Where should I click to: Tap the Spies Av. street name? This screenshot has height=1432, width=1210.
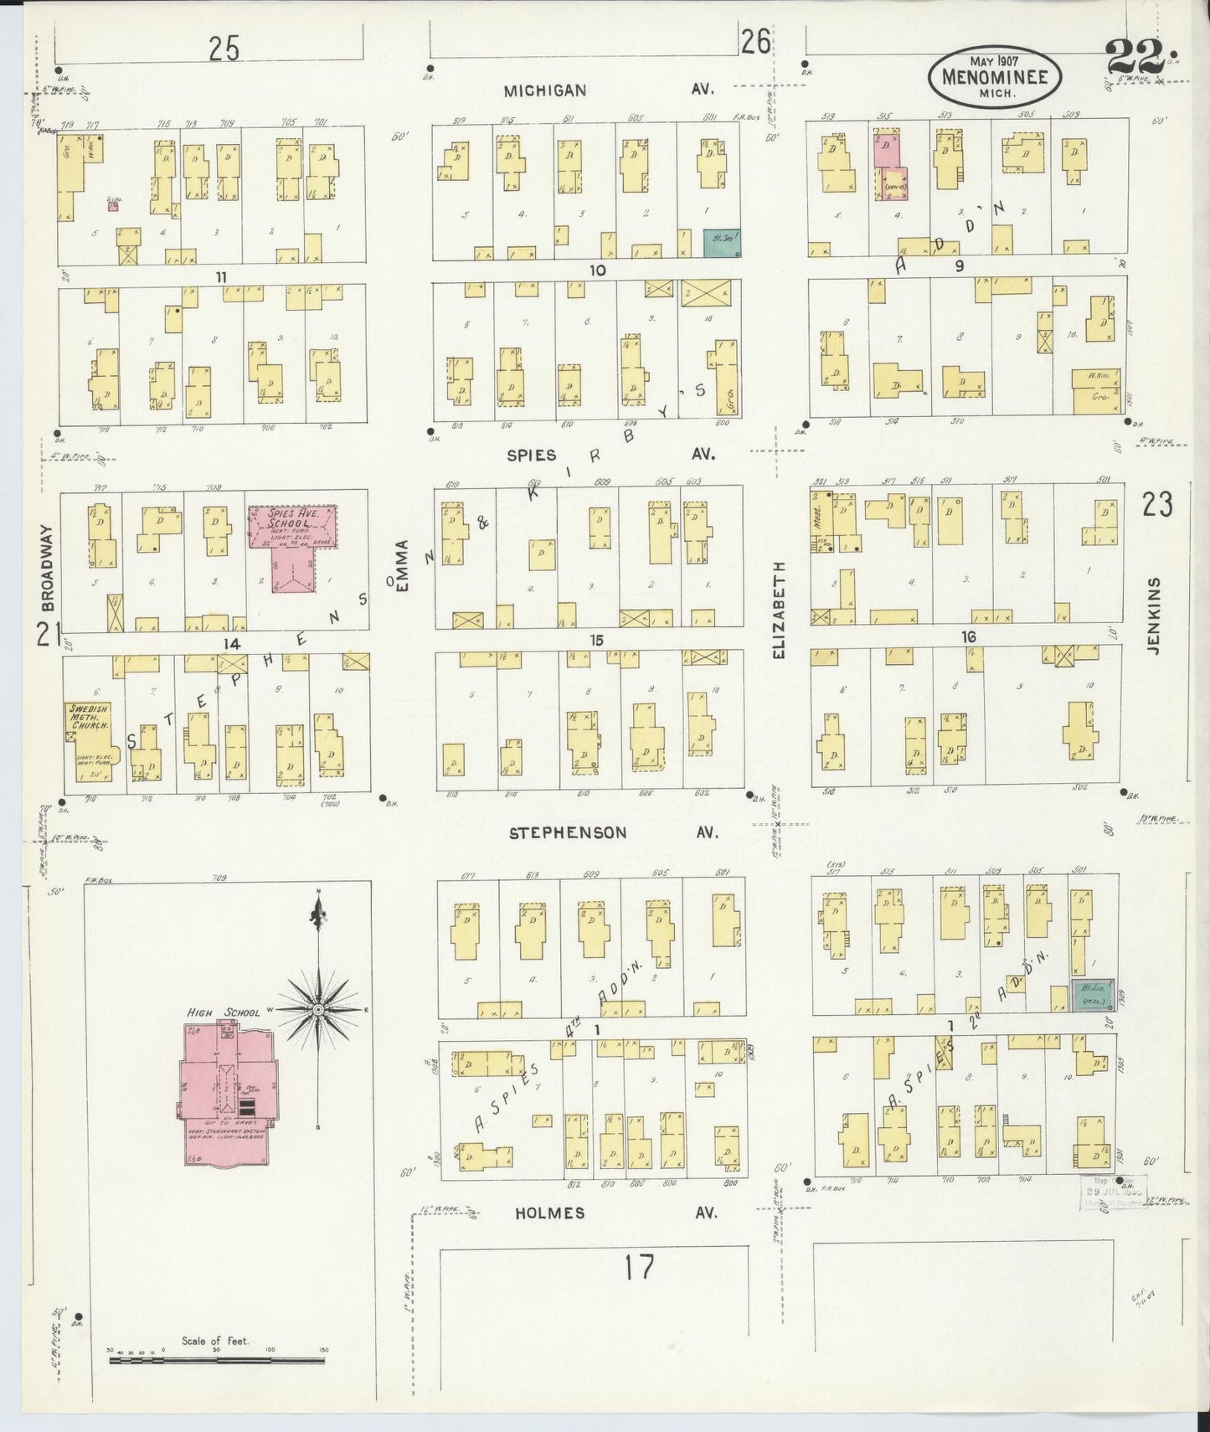611,455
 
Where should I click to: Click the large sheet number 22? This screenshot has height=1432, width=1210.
1135,58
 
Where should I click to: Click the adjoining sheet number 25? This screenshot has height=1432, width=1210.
224,50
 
